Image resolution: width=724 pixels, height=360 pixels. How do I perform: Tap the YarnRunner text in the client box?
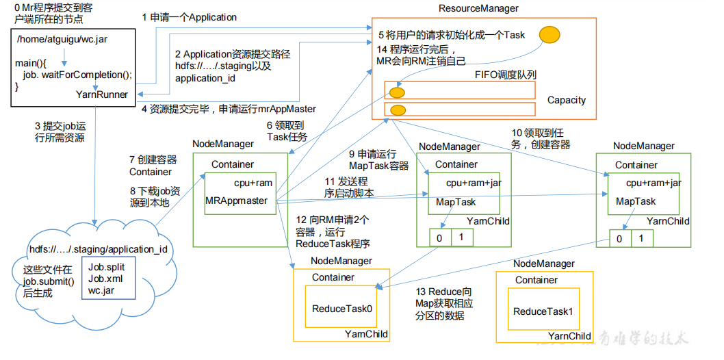pyautogui.click(x=102, y=94)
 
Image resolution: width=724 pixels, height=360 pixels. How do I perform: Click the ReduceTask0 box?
pyautogui.click(x=342, y=309)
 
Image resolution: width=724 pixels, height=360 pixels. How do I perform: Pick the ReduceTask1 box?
pyautogui.click(x=543, y=311)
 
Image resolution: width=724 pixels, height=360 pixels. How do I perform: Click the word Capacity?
pyautogui.click(x=566, y=100)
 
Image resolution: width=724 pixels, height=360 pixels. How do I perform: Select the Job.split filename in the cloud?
pyautogui.click(x=105, y=266)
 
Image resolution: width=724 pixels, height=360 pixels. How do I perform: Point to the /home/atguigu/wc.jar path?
pyautogui.click(x=62, y=40)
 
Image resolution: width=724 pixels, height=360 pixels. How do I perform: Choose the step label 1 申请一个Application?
pyautogui.click(x=190, y=17)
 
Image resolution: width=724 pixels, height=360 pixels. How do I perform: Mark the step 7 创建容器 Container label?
pyautogui.click(x=153, y=166)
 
